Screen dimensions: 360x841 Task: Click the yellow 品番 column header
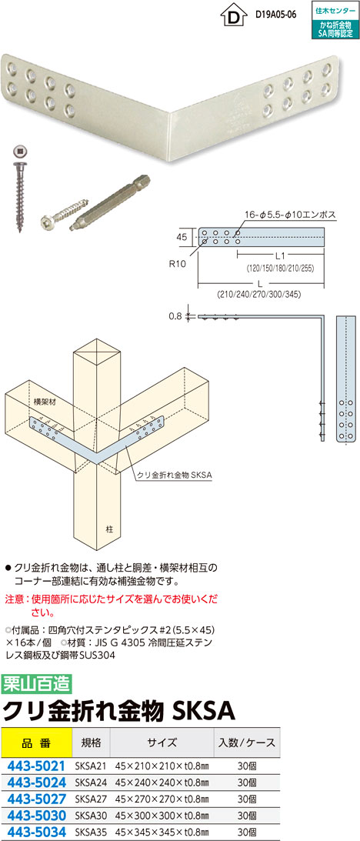pos(36,743)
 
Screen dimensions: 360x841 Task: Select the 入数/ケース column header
pos(247,743)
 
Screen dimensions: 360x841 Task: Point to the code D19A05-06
pos(276,15)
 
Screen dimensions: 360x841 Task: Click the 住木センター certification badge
pos(335,19)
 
